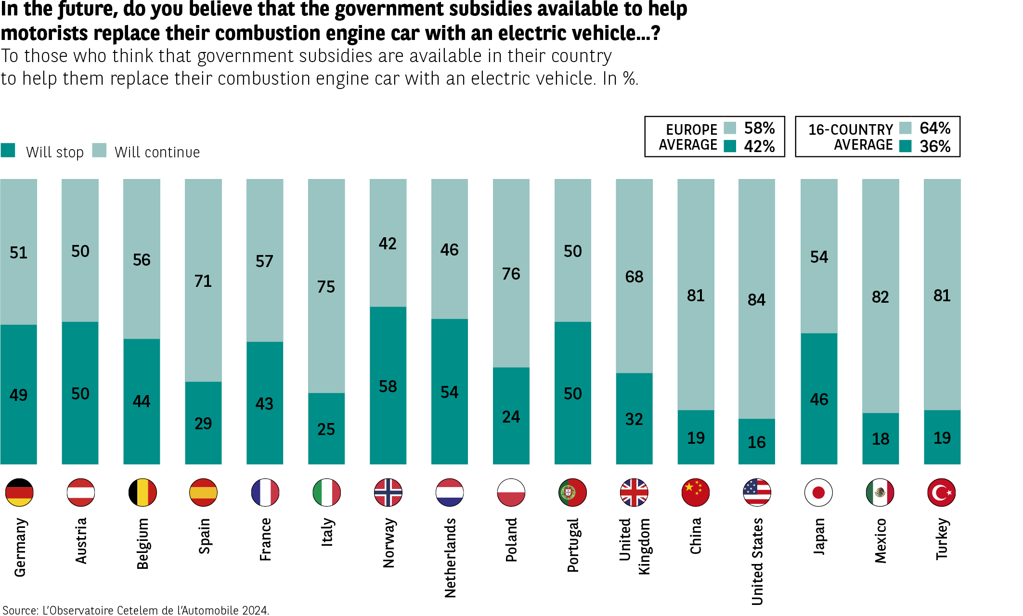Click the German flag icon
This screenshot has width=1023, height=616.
point(19,492)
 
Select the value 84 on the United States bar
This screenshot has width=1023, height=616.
point(756,300)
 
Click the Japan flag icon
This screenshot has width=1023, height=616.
point(818,492)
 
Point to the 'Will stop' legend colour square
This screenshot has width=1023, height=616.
point(8,150)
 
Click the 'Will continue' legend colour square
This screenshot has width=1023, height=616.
point(99,150)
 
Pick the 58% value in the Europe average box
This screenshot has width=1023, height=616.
point(759,128)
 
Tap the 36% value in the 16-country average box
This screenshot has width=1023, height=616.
point(935,146)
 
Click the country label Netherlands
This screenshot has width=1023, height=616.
point(450,558)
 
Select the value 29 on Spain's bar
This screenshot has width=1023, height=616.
point(203,423)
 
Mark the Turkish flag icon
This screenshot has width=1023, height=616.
point(941,492)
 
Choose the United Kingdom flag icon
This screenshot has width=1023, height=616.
point(634,492)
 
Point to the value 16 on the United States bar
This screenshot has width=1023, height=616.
point(756,442)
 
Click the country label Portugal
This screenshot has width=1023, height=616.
point(573,545)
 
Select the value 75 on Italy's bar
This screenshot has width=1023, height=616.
point(326,287)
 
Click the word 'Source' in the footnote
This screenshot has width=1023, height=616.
point(20,610)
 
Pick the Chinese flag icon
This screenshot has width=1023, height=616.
point(696,492)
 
